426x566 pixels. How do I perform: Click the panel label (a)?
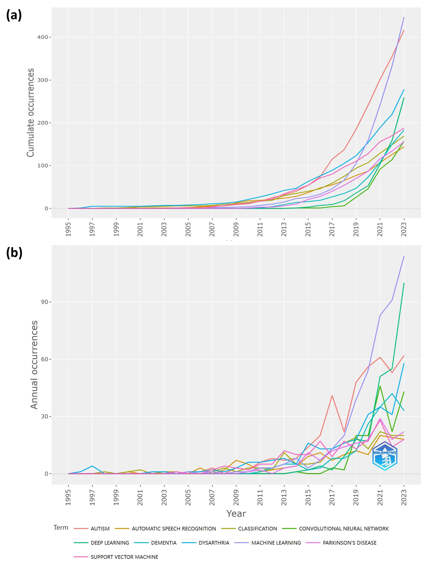coord(14,15)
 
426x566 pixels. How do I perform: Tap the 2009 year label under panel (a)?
coord(236,229)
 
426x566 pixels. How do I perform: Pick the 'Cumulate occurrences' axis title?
coord(31,113)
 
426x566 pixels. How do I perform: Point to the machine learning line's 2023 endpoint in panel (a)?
coord(404,17)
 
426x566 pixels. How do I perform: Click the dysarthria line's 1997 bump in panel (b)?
coord(92,466)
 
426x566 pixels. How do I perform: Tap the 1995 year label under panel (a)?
coord(68,229)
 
